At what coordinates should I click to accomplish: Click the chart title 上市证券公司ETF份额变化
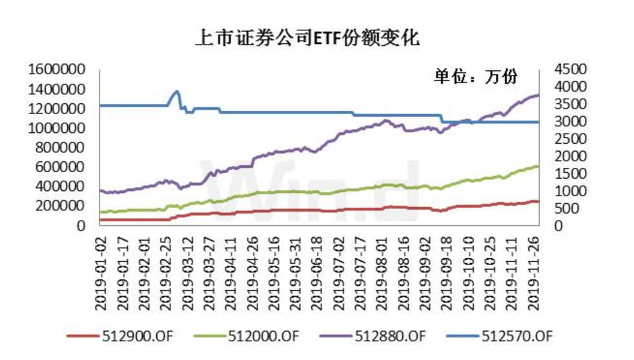click(x=307, y=39)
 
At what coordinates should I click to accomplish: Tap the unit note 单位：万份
click(x=476, y=77)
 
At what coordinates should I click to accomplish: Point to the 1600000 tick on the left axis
click(x=57, y=69)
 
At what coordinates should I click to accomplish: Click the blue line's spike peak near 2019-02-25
click(x=177, y=91)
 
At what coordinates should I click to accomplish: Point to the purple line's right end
click(x=538, y=95)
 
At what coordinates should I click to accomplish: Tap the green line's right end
click(x=538, y=166)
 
